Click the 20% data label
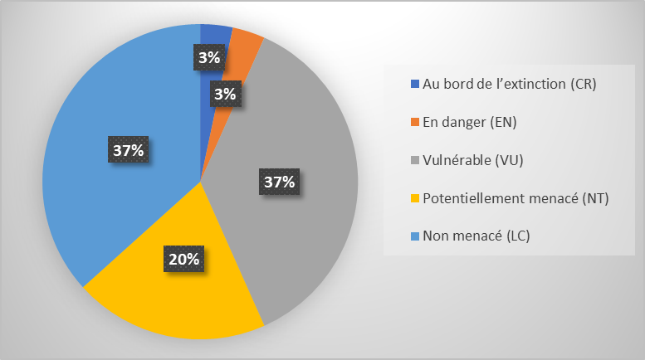click(183, 259)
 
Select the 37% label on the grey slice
click(279, 181)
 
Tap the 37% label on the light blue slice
click(129, 150)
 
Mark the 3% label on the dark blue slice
click(209, 57)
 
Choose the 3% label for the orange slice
click(224, 94)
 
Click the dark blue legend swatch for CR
click(415, 85)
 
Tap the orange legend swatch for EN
click(415, 123)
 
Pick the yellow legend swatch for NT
click(415, 199)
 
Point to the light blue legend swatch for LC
click(415, 237)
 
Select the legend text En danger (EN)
click(470, 123)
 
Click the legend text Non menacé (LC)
click(476, 237)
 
